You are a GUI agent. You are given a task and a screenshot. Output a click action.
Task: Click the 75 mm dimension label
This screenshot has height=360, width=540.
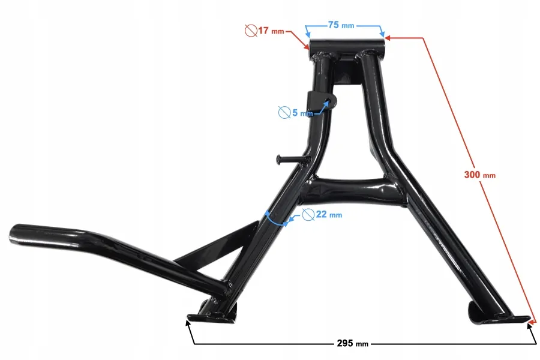341,25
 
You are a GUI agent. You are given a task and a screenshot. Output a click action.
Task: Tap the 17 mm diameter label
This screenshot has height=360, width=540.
271,31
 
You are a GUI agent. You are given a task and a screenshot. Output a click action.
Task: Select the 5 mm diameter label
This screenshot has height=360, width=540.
302,113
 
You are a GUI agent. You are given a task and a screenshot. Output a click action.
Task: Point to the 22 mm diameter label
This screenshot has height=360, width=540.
329,215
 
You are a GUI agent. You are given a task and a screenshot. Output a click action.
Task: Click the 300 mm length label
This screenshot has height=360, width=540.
480,175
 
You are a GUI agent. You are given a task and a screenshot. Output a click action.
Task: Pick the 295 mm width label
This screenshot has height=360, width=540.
352,343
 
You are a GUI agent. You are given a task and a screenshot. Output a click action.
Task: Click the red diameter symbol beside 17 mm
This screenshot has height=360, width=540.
251,31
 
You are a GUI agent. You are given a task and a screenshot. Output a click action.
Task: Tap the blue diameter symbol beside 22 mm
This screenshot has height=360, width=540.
308,215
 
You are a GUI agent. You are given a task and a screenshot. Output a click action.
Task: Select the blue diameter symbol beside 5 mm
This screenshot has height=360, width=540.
284,113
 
